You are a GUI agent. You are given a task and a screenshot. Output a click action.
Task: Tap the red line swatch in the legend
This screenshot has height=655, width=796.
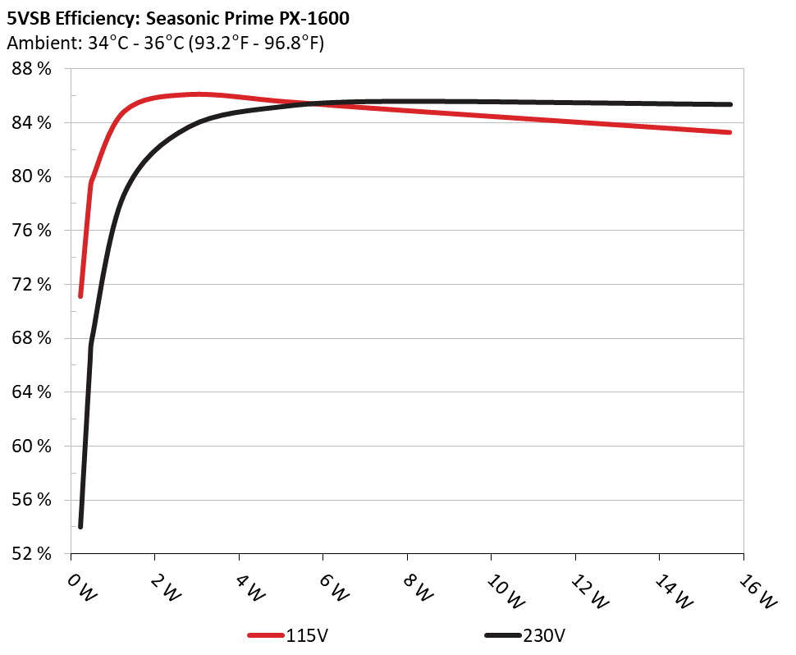coord(267,636)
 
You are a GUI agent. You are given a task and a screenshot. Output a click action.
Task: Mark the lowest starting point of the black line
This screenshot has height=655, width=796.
coord(80,526)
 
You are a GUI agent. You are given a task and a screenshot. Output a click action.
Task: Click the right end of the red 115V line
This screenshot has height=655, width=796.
coord(730,132)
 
